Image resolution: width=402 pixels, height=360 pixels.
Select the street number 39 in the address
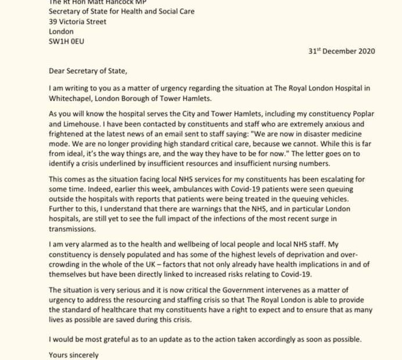53,21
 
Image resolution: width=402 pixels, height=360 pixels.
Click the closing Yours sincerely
74,355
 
